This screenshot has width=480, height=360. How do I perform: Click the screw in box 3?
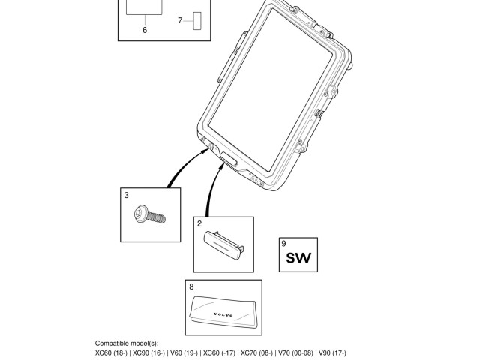pos(149,216)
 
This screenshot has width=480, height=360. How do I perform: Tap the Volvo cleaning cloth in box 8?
pos(223,308)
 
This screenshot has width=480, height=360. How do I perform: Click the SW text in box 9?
pos(298,259)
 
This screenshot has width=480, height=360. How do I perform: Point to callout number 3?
pos(127,195)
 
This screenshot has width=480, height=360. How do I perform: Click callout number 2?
pos(199,223)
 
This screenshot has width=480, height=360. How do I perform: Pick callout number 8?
pos(191,286)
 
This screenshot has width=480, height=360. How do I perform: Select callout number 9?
pos(283,243)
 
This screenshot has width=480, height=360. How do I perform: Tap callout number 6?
pos(145,30)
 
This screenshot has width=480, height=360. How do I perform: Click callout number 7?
pos(180,20)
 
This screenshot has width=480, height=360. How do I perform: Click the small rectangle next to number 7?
pos(198,20)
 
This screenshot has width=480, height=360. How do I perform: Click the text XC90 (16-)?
pos(148,352)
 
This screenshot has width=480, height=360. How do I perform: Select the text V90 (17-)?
pos(332,352)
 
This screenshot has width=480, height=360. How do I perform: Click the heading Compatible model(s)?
pos(127,343)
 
